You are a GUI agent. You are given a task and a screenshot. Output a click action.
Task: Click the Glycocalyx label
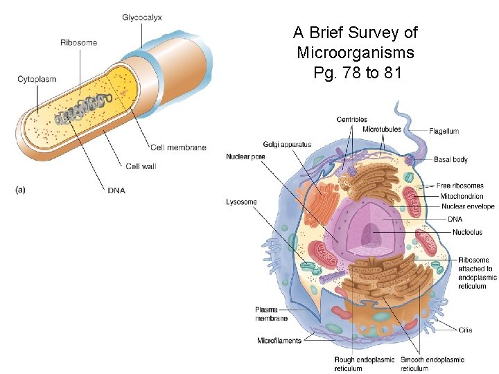click(x=142, y=17)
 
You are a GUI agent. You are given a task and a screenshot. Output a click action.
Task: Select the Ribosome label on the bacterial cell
click(x=78, y=42)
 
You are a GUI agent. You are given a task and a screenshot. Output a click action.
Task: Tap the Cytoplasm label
click(x=37, y=79)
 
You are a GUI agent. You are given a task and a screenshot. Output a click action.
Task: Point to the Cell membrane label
click(x=178, y=148)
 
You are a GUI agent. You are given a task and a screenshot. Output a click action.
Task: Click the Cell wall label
click(x=141, y=166)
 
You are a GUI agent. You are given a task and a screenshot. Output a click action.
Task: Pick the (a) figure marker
click(x=20, y=188)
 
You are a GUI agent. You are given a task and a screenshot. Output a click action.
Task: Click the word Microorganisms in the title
click(x=356, y=53)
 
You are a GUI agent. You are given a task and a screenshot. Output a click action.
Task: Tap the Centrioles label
click(x=352, y=120)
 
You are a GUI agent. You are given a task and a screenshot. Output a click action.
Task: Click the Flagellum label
click(x=444, y=131)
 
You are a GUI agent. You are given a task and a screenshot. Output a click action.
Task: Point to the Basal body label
click(x=450, y=159)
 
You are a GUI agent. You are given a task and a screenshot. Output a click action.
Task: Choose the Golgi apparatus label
click(x=287, y=145)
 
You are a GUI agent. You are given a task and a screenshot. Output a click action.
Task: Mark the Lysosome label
click(x=241, y=202)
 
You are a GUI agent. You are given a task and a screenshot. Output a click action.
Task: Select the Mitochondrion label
click(x=462, y=196)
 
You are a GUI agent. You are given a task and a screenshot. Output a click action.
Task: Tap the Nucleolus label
click(x=467, y=232)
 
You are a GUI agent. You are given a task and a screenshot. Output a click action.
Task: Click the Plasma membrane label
click(x=266, y=314)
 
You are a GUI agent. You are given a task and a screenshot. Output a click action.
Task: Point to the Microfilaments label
click(x=279, y=341)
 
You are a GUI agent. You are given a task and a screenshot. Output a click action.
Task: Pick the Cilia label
click(x=466, y=330)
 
